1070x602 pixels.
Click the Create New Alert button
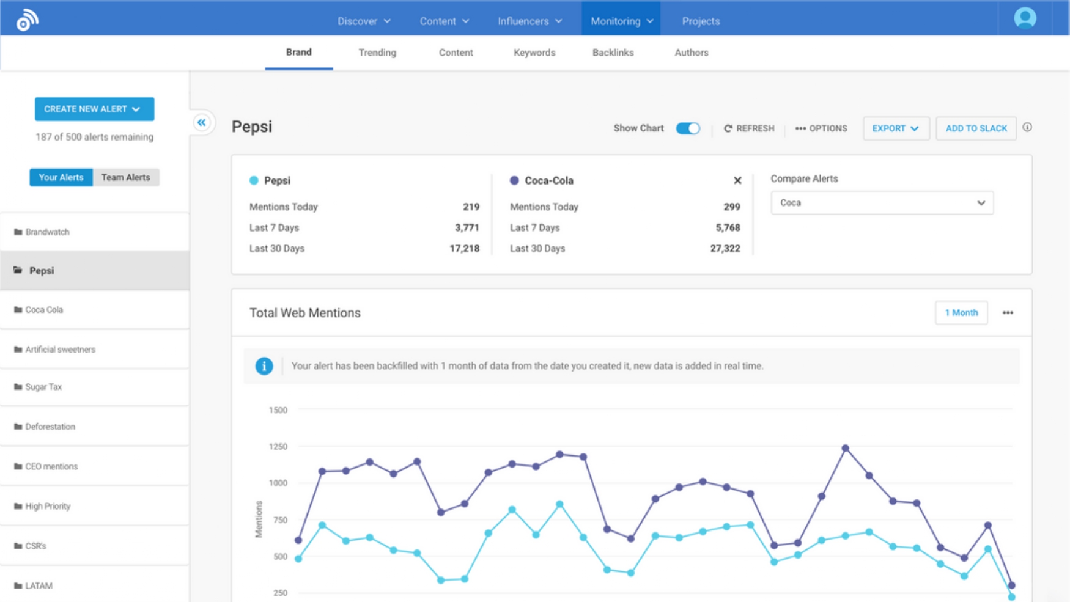tap(94, 109)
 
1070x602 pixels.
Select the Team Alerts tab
tap(125, 177)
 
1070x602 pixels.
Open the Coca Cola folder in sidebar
tap(44, 310)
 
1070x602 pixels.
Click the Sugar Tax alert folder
tap(43, 387)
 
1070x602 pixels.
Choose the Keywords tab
tap(534, 53)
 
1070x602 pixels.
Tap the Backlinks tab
tap(613, 53)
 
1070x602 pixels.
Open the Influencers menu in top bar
tap(529, 21)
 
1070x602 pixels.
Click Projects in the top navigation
tap(701, 21)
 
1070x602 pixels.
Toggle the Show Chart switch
tap(687, 128)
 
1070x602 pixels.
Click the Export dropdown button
tap(895, 128)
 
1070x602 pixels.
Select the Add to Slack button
tap(976, 128)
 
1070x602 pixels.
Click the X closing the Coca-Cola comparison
tap(737, 180)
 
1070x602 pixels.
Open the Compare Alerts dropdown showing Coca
tap(881, 203)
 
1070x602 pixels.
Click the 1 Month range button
tap(961, 313)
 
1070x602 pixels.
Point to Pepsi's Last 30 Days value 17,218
tap(464, 249)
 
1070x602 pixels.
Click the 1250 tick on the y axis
tap(278, 447)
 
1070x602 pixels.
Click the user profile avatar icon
tap(1025, 18)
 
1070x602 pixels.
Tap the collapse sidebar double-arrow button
tap(202, 123)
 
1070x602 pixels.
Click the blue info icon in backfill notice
tap(264, 366)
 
